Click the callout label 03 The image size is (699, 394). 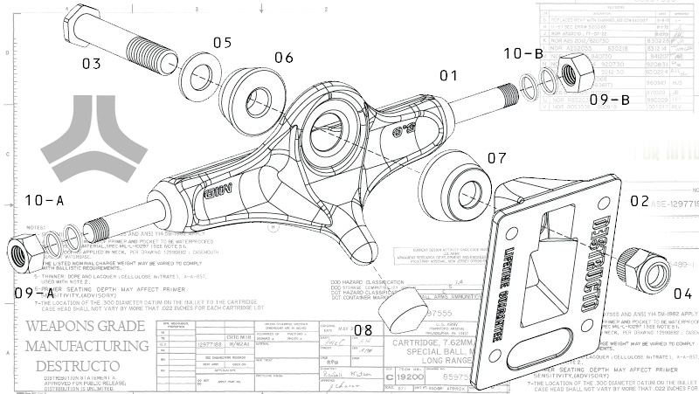[92, 63]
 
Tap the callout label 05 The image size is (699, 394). [222, 42]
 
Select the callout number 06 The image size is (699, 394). [284, 58]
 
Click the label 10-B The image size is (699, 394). [523, 54]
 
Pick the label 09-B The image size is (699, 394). [609, 99]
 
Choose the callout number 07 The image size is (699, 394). [496, 158]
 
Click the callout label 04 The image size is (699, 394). [682, 294]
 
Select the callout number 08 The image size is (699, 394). [362, 329]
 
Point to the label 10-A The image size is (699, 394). [45, 201]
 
